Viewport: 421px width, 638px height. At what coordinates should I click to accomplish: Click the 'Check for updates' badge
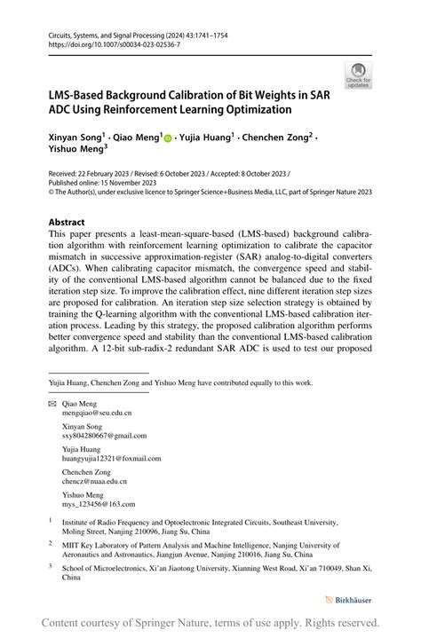359,75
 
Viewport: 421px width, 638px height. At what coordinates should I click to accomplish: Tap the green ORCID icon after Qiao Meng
168,138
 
